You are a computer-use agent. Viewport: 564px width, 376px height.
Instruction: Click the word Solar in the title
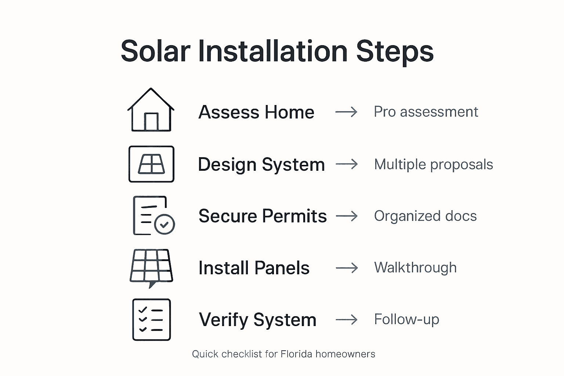155,51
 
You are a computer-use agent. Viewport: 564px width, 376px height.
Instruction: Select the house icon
151,110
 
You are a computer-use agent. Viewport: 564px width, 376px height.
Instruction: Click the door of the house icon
151,122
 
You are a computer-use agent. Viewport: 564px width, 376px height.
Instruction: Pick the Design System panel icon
151,164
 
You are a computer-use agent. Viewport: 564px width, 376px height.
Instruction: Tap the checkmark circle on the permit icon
164,224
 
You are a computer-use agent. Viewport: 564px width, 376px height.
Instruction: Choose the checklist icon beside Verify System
151,319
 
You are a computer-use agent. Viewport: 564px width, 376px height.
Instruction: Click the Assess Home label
256,112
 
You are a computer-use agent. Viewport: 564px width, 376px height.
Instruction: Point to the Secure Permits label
262,216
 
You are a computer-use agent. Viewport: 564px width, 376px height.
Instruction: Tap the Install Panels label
254,268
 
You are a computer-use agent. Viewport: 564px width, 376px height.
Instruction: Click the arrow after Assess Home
346,112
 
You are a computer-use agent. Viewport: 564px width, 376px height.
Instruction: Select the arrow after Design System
346,164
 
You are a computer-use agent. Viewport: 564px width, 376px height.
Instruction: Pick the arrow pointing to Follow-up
346,320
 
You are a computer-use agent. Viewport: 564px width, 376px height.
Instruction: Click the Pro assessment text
426,112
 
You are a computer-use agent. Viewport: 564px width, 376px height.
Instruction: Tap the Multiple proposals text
433,164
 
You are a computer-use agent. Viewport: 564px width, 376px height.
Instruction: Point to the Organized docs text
425,216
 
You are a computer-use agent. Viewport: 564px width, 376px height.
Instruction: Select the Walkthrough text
415,267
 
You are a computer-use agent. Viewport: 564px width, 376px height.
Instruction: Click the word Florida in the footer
296,354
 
